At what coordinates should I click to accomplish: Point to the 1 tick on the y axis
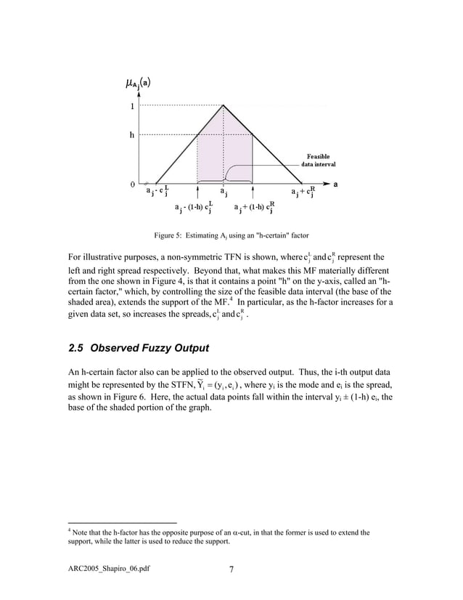tap(131, 106)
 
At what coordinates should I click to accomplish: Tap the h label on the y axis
tap(131, 135)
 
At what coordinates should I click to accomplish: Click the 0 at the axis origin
tap(131, 184)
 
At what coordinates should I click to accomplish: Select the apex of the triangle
tap(223, 105)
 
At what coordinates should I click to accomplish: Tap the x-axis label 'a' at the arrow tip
tap(335, 183)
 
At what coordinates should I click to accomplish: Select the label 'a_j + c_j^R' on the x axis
tap(303, 192)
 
